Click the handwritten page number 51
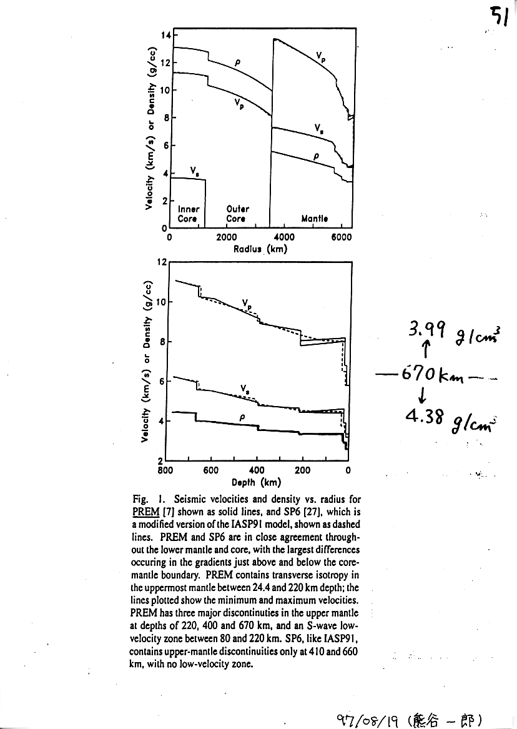498,16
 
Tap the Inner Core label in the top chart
188,214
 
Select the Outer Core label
237,214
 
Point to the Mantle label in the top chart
314,219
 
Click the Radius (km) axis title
260,248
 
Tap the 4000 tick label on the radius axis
285,237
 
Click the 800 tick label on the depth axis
165,470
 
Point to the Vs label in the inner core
195,169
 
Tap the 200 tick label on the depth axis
302,470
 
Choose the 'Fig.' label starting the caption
140,500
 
